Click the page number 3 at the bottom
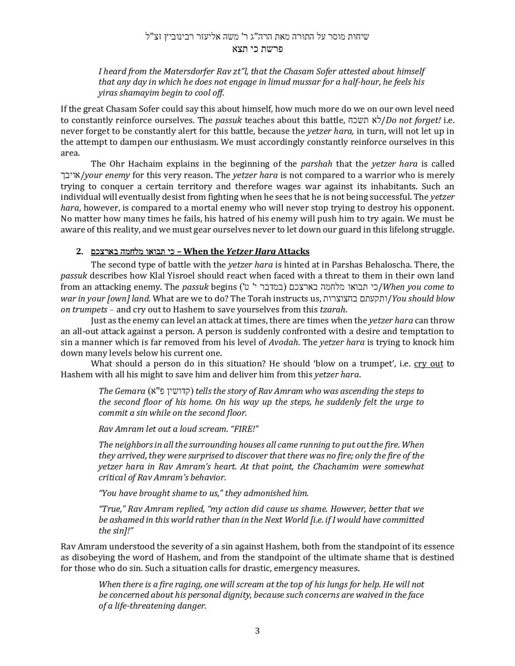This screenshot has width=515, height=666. coord(257,630)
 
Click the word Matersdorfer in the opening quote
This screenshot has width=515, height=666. coord(188,71)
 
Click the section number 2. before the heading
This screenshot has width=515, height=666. coord(80,251)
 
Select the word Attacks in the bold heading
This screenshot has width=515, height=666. coord(294,251)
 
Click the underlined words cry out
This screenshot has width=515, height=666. coord(428,364)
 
